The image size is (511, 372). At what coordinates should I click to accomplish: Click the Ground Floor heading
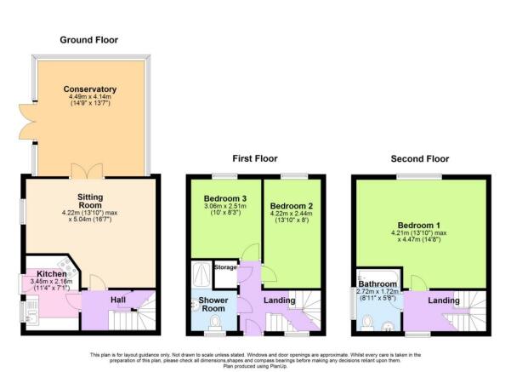point(88,40)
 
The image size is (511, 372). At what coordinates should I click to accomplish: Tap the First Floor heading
point(255,158)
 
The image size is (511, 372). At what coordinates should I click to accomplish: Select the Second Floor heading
point(420,158)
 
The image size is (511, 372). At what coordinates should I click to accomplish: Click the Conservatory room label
point(90,89)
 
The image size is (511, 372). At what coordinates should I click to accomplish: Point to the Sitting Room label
point(90,201)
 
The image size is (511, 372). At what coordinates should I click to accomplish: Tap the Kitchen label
point(52,274)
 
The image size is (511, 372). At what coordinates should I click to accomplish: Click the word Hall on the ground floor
point(118,300)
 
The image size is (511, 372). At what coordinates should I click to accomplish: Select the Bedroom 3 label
point(224,198)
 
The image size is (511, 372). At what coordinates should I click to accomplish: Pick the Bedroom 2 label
point(292,206)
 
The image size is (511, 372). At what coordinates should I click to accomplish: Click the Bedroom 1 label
point(419,225)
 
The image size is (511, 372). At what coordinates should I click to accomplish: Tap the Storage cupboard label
point(225,267)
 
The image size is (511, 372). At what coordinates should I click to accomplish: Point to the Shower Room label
point(213,304)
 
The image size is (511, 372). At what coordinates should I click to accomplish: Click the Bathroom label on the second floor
point(378,284)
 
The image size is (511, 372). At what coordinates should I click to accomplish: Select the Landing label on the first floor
point(279,300)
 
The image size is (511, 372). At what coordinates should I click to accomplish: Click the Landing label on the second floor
point(444,300)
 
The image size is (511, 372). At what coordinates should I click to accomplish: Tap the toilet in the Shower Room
point(215,322)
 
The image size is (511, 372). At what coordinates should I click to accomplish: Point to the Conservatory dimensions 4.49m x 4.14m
point(90,97)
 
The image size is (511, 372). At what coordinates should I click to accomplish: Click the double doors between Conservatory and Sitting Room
point(88,171)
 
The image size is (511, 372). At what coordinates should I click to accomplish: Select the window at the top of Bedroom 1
point(419,176)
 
